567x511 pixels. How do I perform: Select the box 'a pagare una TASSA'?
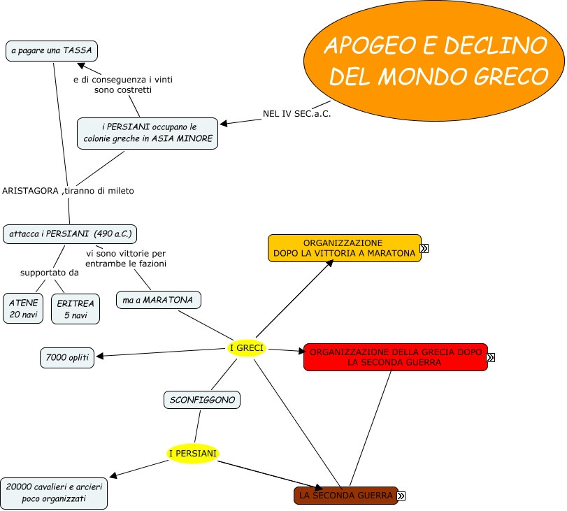51,51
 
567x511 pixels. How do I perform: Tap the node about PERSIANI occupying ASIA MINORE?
148,133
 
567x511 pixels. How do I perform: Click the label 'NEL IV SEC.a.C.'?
296,113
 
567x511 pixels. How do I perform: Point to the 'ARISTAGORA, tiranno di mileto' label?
68,190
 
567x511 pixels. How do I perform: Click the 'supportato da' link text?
49,273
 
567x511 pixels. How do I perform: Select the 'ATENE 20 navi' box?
23,308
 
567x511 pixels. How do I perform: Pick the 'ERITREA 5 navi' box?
76,308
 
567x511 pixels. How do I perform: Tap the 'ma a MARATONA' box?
158,300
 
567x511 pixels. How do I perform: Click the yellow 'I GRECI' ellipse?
246,348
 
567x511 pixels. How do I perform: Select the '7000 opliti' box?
67,358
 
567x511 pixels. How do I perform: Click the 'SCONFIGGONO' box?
203,400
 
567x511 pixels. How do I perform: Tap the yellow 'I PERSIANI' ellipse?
194,454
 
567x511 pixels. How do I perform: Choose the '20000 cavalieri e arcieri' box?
54,493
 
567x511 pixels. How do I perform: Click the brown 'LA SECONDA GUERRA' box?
345,496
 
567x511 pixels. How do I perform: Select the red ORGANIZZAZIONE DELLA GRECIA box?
395,357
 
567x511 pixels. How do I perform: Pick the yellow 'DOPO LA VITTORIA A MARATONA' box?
345,248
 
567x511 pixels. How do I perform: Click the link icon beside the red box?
491,358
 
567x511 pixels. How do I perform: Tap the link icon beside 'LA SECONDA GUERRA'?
401,496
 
